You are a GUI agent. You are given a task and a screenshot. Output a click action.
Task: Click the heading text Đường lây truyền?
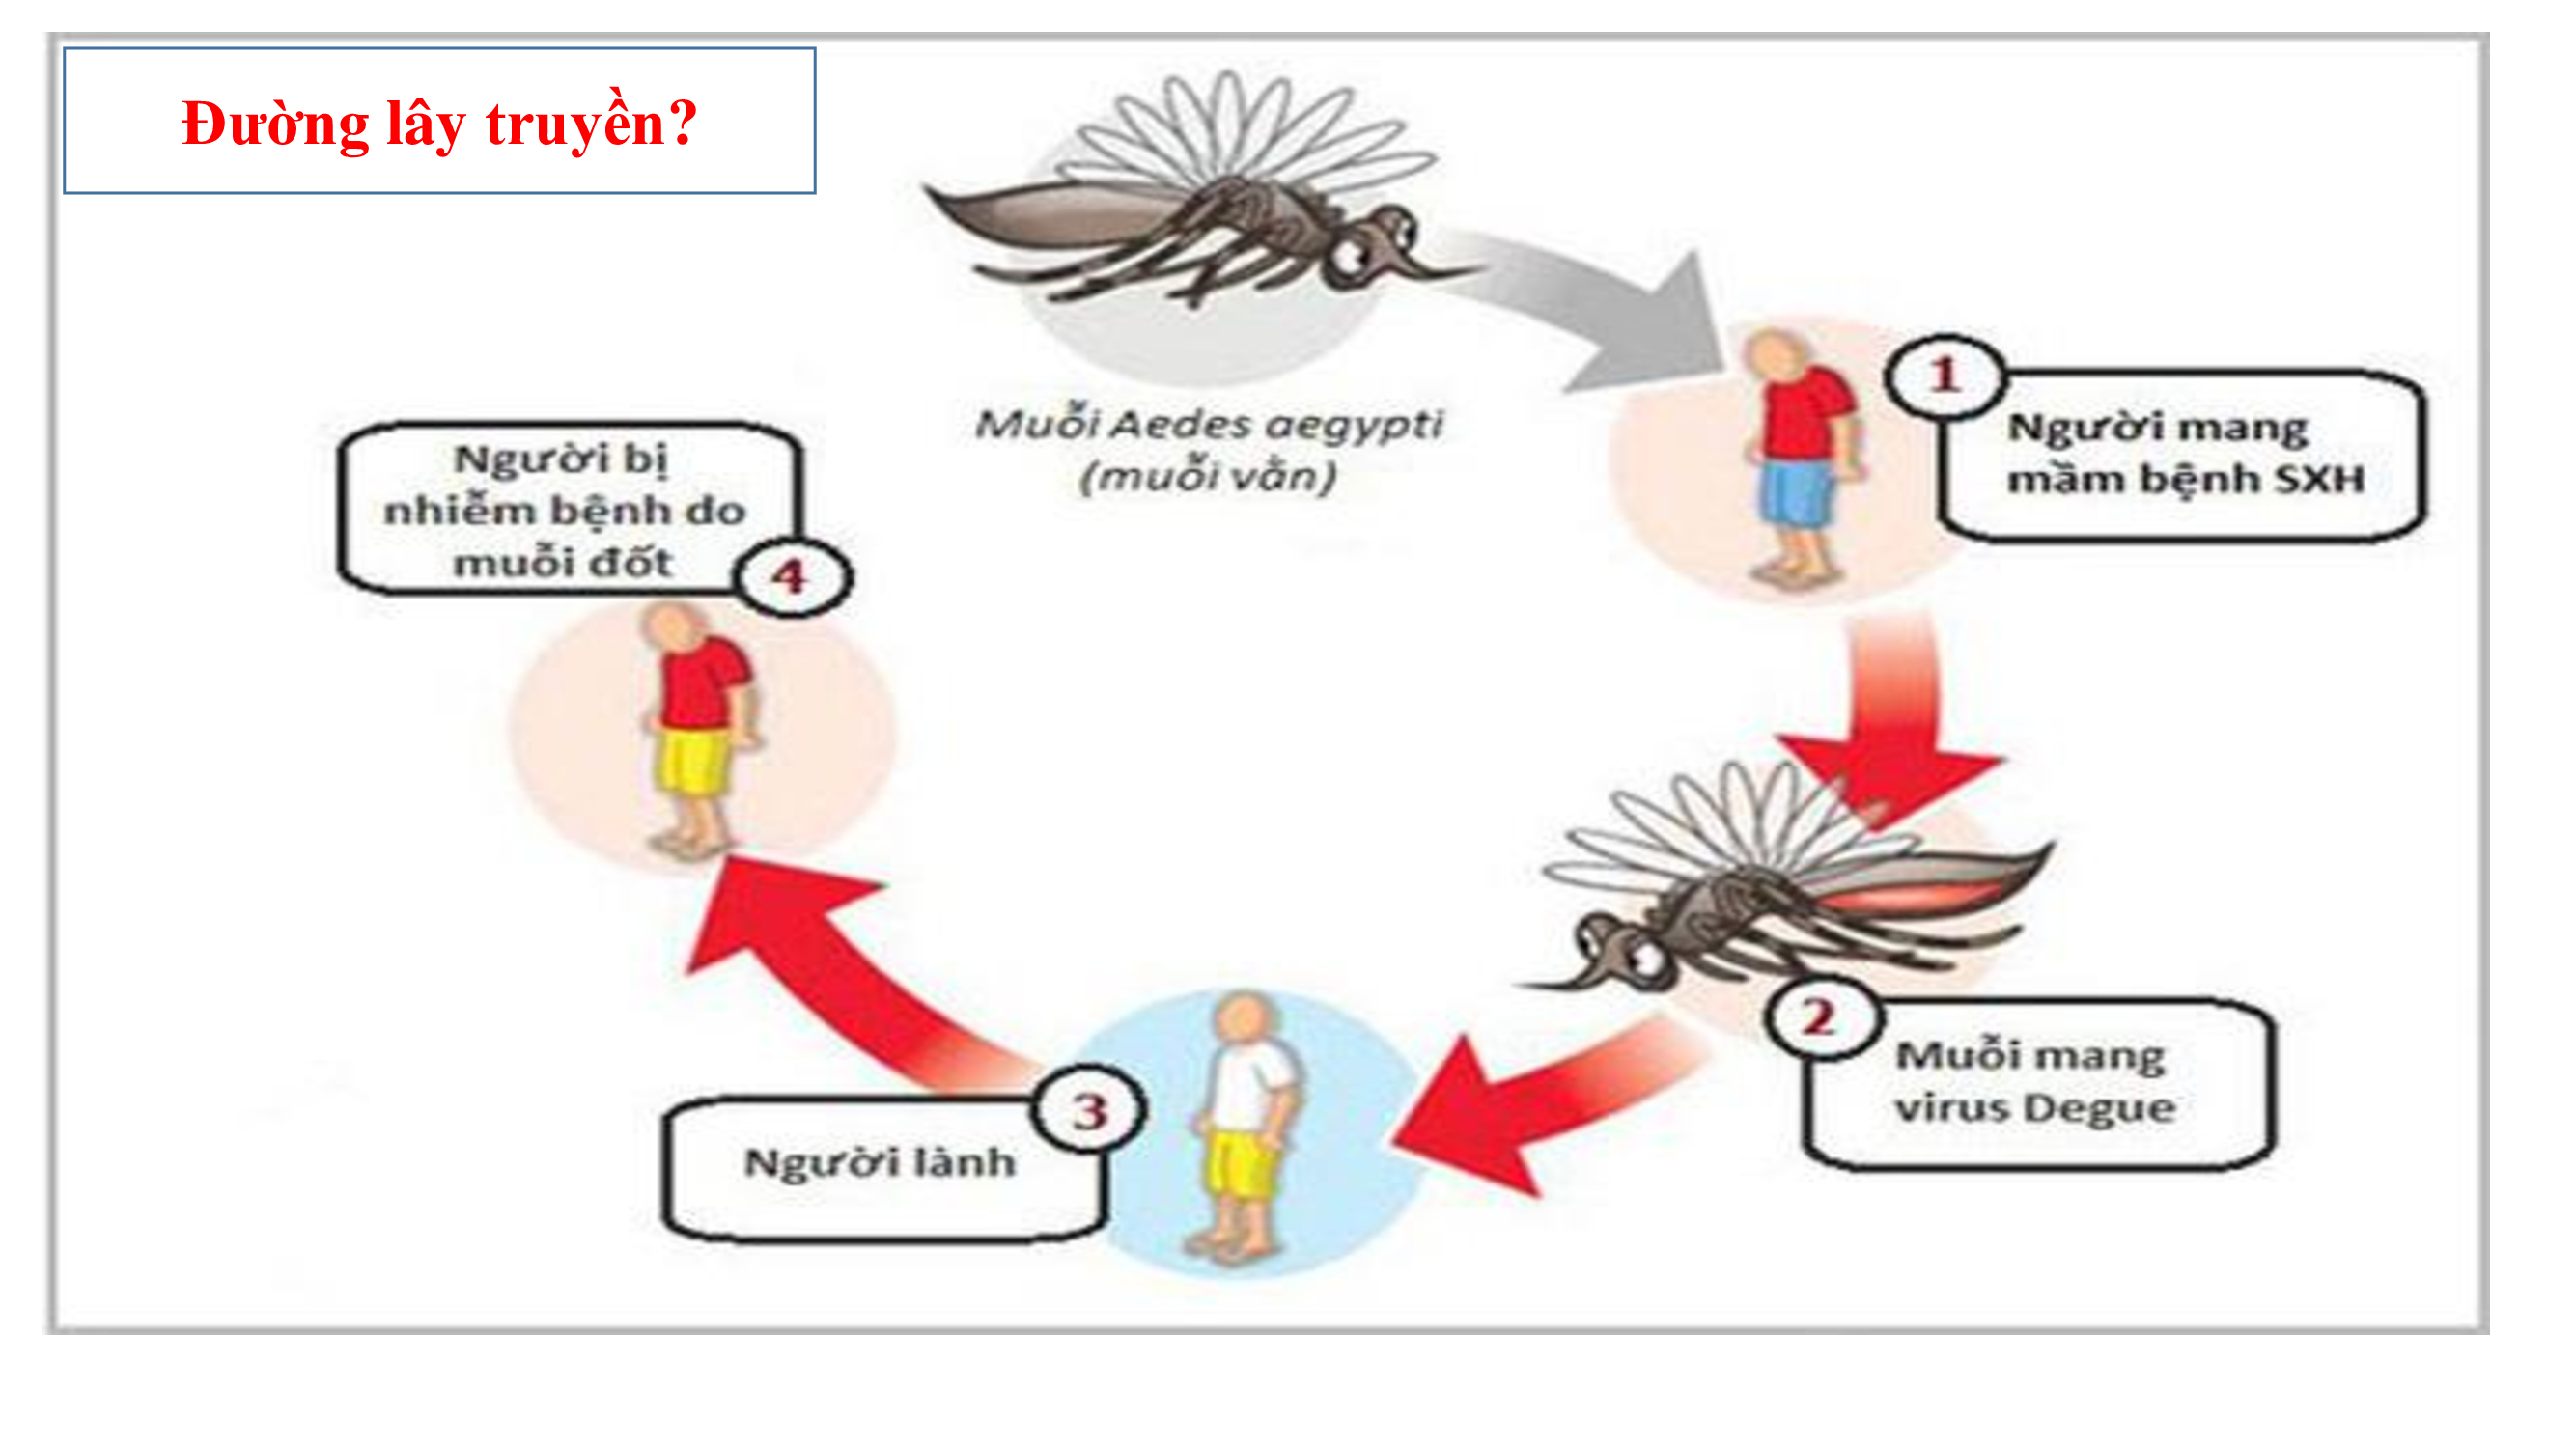coord(439,123)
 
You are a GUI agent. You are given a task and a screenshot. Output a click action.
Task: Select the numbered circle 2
coord(1821,1018)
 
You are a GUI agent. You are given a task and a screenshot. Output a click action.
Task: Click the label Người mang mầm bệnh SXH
coord(2185,453)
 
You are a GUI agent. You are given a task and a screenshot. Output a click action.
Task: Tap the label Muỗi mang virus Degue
coord(2035,1082)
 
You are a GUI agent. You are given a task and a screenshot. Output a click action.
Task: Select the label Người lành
coord(880,1162)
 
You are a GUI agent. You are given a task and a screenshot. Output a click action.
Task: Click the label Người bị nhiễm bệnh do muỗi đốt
coord(565,511)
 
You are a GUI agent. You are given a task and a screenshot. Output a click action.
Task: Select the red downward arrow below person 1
coord(1889,719)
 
